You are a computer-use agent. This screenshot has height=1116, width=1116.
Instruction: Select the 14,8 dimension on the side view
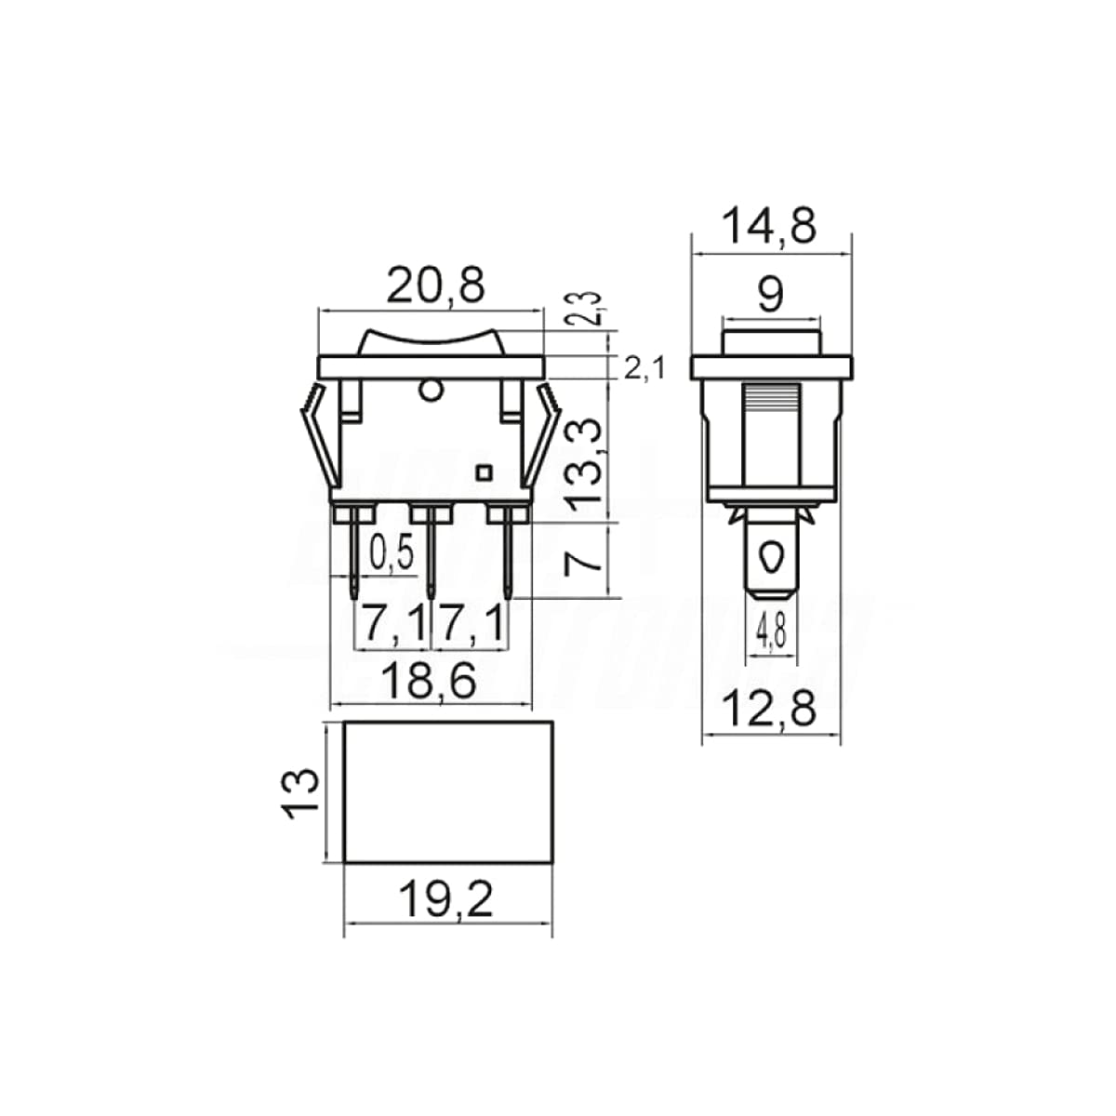(771, 226)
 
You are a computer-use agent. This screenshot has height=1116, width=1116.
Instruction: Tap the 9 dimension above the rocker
(771, 296)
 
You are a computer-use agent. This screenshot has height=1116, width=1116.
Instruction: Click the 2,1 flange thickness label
(644, 369)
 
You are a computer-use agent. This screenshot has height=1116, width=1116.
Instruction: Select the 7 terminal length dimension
(583, 559)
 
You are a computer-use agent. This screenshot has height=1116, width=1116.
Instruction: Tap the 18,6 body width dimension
(431, 682)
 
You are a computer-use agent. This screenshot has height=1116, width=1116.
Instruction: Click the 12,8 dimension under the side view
(771, 711)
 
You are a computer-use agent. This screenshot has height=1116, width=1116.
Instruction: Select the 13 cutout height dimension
(302, 792)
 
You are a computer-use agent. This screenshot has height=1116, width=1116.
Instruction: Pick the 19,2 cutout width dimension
(446, 899)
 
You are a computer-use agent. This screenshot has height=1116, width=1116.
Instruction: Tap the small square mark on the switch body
(483, 472)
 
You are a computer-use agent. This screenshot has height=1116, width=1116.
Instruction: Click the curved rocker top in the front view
(430, 339)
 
